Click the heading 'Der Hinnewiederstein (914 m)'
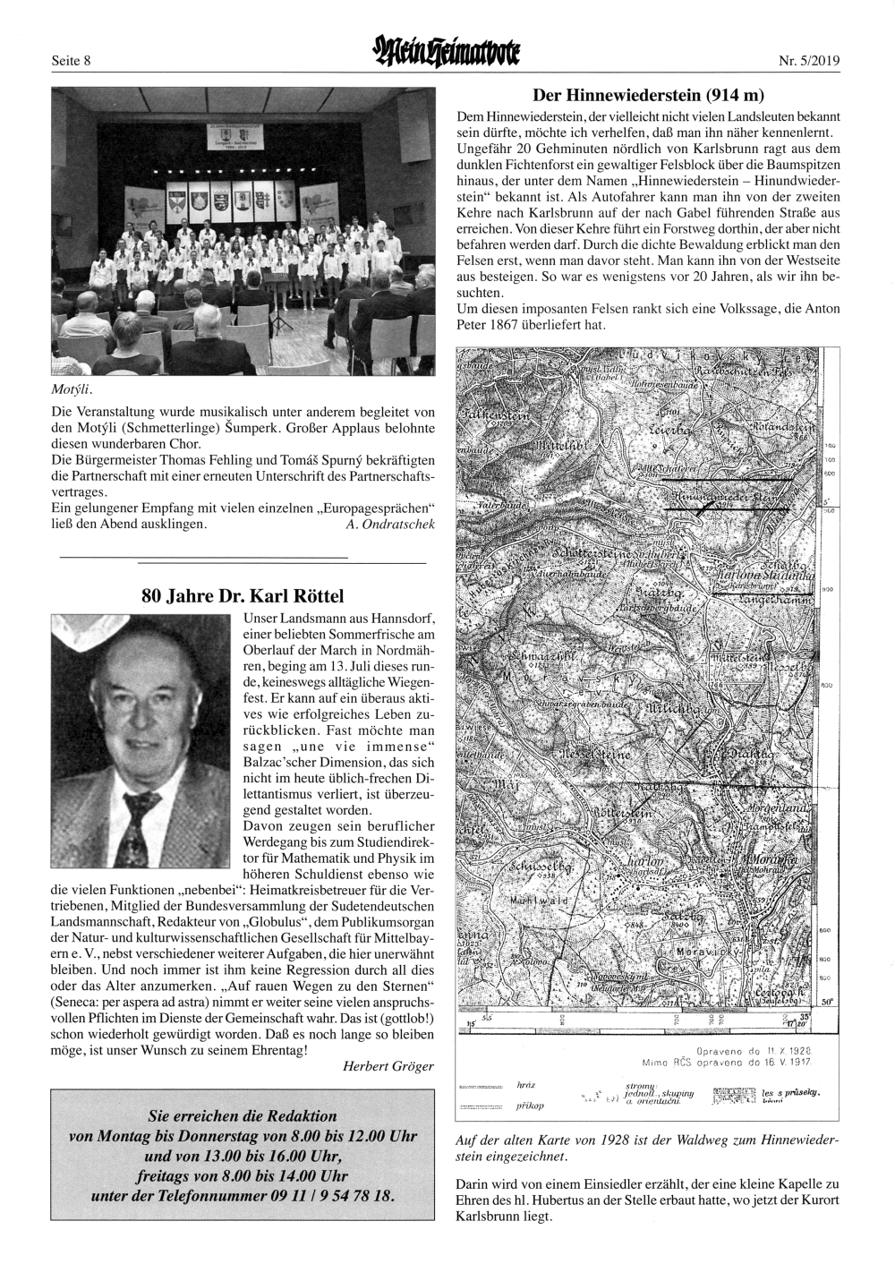point(648,94)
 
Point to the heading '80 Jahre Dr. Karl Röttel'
point(243,595)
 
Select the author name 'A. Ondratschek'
point(389,524)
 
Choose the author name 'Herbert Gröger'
point(388,1065)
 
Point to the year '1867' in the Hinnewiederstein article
point(510,325)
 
